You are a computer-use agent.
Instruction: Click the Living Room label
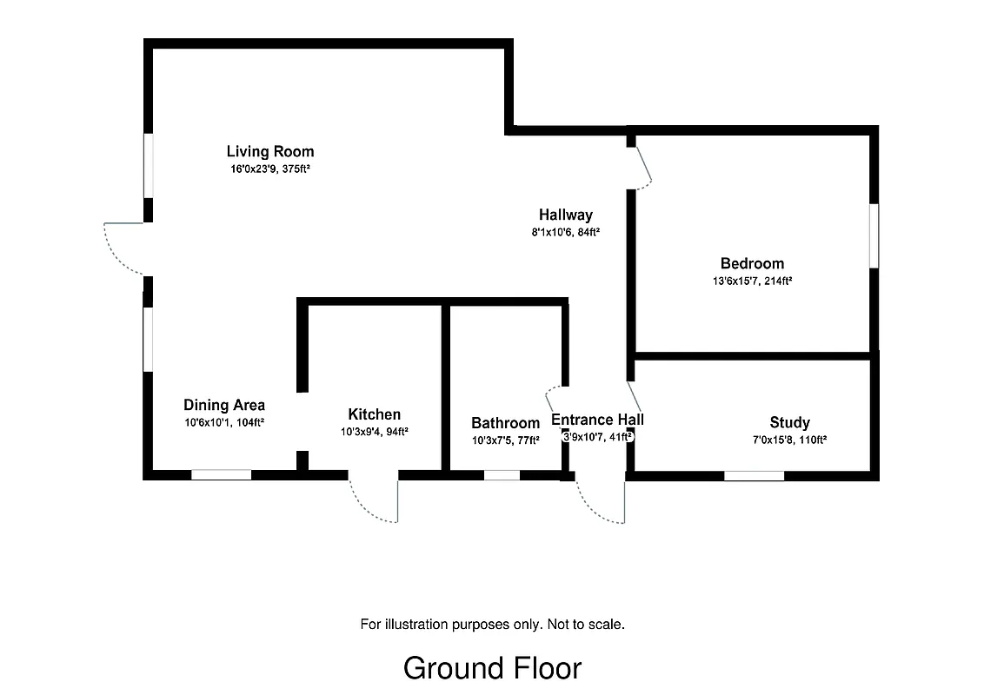point(270,151)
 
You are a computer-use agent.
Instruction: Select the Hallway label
point(565,215)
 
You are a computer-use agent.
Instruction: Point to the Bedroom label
point(752,263)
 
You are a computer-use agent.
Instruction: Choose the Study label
point(789,422)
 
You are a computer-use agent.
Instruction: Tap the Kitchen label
point(374,414)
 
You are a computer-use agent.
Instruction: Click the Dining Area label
point(224,405)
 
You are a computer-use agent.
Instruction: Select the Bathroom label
point(505,423)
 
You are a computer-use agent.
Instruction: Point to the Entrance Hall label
point(597,420)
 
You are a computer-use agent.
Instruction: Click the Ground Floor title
point(492,668)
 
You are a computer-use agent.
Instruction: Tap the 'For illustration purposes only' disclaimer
point(492,624)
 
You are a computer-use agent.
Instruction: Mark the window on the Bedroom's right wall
point(873,235)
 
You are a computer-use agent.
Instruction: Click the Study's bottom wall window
point(754,475)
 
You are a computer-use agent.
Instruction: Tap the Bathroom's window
point(502,475)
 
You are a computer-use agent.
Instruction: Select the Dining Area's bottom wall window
point(221,474)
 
